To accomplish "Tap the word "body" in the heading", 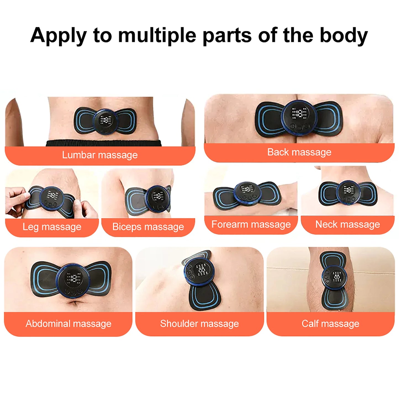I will tap(343, 35).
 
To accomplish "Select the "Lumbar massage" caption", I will tap(100, 155).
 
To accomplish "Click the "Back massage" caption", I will tap(299, 152).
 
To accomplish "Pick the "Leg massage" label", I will tap(52, 227).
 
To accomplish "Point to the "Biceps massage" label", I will tap(148, 227).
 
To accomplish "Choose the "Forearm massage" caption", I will tap(251, 224).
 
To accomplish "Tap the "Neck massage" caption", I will tap(347, 224).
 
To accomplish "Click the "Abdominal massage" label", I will tap(68, 323).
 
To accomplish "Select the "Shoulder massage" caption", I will tap(199, 323).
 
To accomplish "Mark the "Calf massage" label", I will tap(330, 323).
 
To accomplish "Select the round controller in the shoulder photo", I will tap(199, 271).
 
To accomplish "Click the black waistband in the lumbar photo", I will tap(104, 143).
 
